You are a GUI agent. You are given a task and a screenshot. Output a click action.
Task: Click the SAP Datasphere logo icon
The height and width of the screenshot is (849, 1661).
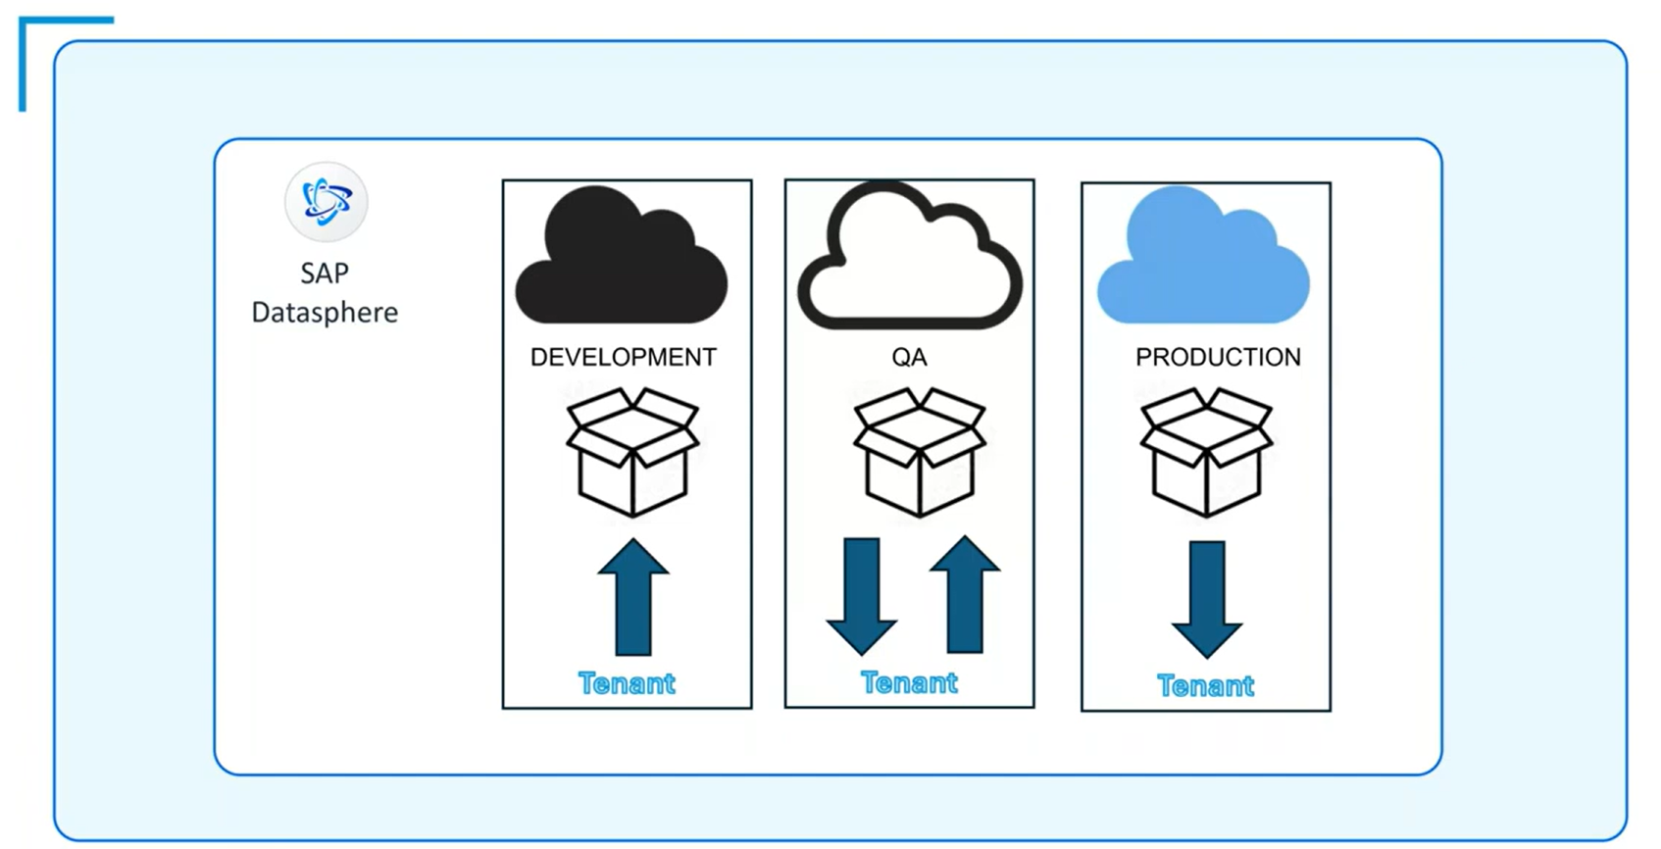[x=326, y=202]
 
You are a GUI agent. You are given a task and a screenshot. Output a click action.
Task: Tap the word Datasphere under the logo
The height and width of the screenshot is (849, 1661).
[x=325, y=312]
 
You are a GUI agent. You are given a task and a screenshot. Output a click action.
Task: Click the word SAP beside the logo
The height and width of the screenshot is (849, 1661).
[x=325, y=273]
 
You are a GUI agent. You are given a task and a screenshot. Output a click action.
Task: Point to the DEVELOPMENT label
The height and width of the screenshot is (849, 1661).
[x=624, y=357]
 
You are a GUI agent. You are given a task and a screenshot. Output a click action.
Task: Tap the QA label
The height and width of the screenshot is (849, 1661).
[x=909, y=357]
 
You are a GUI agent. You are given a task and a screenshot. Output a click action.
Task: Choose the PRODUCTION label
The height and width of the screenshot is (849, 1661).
[x=1218, y=357]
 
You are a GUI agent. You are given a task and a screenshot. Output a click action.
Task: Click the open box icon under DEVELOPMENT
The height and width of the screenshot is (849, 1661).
[x=632, y=452]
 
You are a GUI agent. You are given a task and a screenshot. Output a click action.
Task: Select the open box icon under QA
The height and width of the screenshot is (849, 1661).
[x=919, y=452]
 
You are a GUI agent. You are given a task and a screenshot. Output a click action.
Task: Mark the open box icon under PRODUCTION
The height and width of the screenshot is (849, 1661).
[x=1206, y=452]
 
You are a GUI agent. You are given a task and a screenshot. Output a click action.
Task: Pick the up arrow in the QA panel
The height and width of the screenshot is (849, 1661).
[x=965, y=594]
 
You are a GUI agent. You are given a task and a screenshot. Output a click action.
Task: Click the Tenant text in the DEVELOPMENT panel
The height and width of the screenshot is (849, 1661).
[x=627, y=683]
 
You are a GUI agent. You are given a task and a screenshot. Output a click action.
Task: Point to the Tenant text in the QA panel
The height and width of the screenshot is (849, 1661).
[x=909, y=682]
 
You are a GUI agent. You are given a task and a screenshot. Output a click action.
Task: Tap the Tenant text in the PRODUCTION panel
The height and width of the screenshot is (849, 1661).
[x=1205, y=685]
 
